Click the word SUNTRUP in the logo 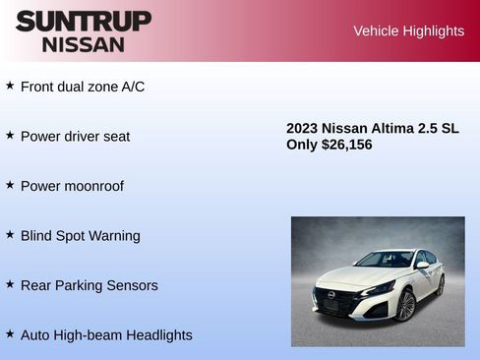point(84,21)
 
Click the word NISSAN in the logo point(84,44)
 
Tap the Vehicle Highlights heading point(408,30)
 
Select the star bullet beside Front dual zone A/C point(10,86)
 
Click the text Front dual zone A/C point(83,87)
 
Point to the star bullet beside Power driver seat point(10,135)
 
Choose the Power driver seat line point(75,136)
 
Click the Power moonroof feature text point(72,186)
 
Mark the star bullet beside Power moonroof point(10,185)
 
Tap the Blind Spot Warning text point(81,236)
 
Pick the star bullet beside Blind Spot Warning point(10,235)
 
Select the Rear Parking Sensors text point(89,285)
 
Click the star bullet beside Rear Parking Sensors point(10,284)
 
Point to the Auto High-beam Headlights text point(106,335)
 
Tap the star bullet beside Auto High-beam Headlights point(10,334)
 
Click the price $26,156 point(346,145)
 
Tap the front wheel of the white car point(404,305)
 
